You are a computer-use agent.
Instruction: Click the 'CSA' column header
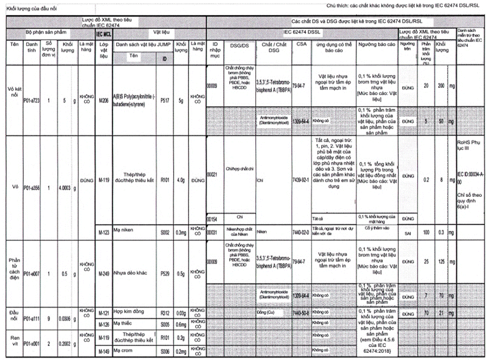tap(301, 44)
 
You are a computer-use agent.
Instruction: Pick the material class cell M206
tap(102, 101)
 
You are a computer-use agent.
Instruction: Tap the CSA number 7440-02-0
tap(301, 232)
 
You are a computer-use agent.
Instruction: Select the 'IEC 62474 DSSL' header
tap(303, 33)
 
